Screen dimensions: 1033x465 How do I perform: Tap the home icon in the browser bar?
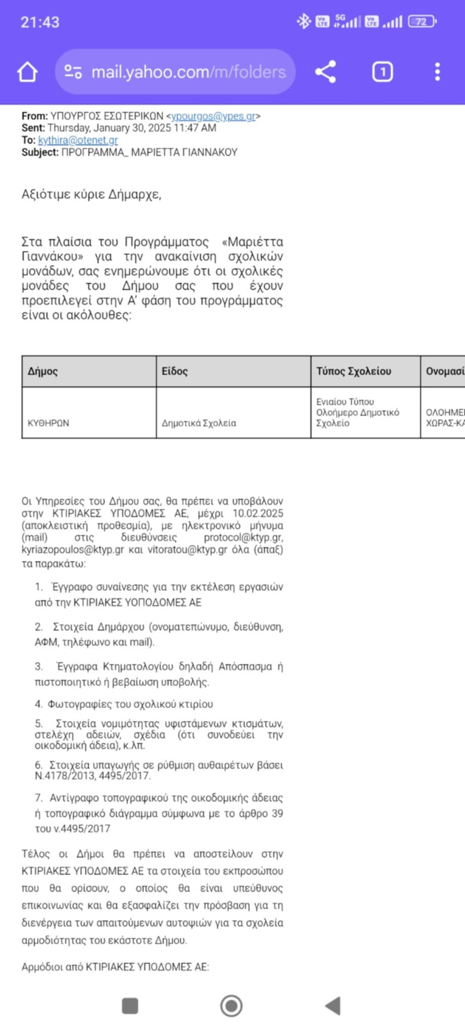click(28, 72)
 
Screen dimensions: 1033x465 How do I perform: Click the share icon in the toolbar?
click(326, 72)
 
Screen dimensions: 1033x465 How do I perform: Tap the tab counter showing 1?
click(382, 72)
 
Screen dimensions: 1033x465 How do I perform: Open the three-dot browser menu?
click(437, 72)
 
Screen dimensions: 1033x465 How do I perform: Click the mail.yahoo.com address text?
click(188, 72)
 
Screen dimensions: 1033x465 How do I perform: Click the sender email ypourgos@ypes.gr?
click(213, 116)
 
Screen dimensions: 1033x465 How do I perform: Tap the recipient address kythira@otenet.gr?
click(78, 140)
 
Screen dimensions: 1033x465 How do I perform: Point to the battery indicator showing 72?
click(422, 22)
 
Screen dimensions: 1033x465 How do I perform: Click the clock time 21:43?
click(40, 22)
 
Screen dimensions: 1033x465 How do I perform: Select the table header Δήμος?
click(43, 371)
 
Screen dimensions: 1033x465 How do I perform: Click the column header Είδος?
click(175, 371)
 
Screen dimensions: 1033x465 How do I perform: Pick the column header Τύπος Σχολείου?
click(353, 371)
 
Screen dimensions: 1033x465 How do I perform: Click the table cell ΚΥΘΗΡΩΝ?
click(48, 423)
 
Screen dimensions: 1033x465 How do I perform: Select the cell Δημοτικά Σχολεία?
click(199, 423)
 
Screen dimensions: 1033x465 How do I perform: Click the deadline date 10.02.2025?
click(257, 513)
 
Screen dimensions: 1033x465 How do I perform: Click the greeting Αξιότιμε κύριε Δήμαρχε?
click(91, 194)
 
